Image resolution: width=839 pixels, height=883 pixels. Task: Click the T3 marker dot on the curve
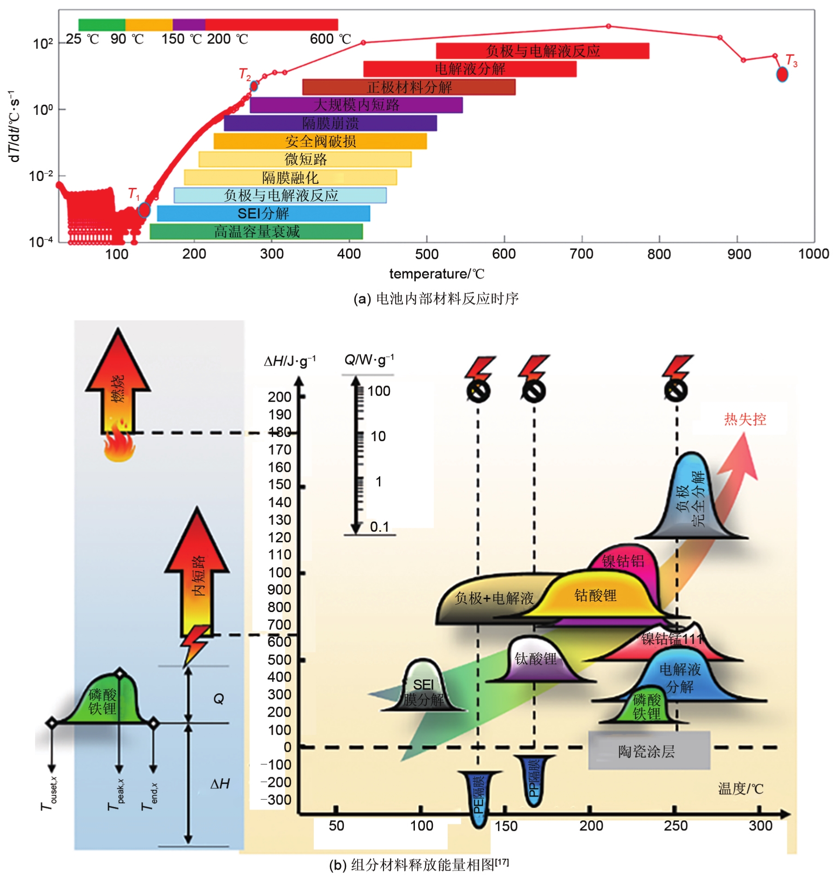(x=782, y=74)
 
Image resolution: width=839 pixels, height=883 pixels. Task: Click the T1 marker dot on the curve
(x=144, y=210)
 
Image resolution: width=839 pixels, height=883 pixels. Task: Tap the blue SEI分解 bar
(x=263, y=214)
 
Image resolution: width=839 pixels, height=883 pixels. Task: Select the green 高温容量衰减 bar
(x=256, y=232)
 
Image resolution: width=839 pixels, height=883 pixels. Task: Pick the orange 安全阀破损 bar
(x=320, y=141)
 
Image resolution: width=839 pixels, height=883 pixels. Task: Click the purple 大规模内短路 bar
(x=356, y=105)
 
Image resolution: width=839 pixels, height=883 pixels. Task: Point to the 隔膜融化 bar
(x=290, y=178)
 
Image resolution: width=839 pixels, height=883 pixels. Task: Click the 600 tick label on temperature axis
(x=503, y=254)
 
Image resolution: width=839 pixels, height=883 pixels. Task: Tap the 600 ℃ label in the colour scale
(x=330, y=39)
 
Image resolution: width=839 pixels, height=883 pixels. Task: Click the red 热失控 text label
(x=744, y=419)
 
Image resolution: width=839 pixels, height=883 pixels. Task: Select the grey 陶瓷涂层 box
(x=648, y=751)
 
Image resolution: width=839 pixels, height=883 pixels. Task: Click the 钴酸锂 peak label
(x=595, y=595)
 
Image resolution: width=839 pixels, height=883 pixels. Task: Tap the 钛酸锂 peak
(x=535, y=658)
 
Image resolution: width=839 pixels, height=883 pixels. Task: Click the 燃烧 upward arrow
(x=118, y=383)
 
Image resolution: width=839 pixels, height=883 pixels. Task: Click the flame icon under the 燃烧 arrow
(x=119, y=445)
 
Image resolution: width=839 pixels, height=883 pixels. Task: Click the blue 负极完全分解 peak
(x=691, y=499)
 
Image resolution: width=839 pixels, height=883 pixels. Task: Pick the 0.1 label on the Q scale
(x=379, y=527)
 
